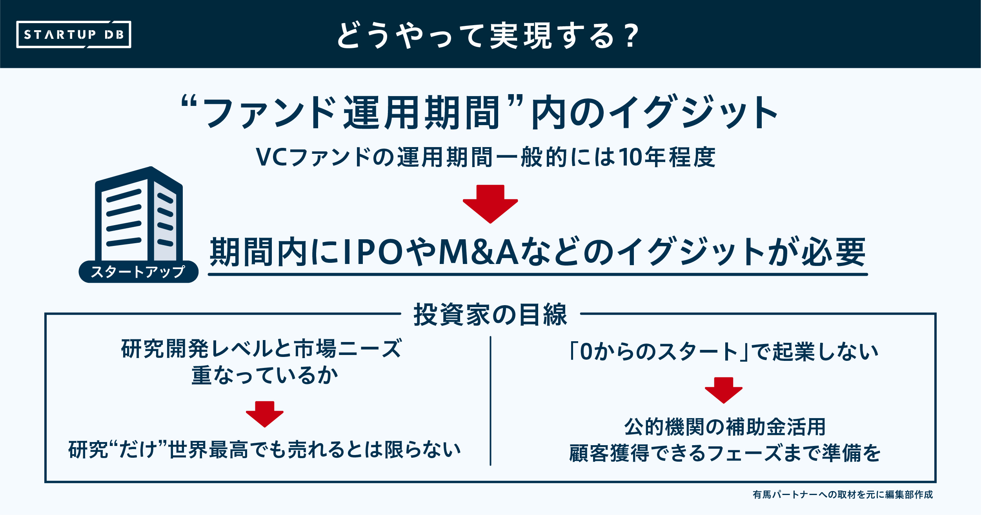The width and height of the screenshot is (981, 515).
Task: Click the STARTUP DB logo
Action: tap(74, 35)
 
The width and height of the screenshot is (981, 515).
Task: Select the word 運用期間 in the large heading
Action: tap(421, 113)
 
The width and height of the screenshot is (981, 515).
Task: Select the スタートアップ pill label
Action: tap(138, 271)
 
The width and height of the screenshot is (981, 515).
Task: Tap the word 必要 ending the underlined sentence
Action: tap(833, 252)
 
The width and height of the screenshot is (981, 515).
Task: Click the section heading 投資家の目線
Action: tap(490, 315)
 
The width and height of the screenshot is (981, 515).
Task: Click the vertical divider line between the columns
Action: tap(490, 400)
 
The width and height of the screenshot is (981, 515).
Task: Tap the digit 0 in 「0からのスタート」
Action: tap(586, 351)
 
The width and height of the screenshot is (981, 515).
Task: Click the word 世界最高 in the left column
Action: tap(208, 450)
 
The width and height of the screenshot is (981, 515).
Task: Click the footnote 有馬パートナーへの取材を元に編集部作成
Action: tap(843, 495)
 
